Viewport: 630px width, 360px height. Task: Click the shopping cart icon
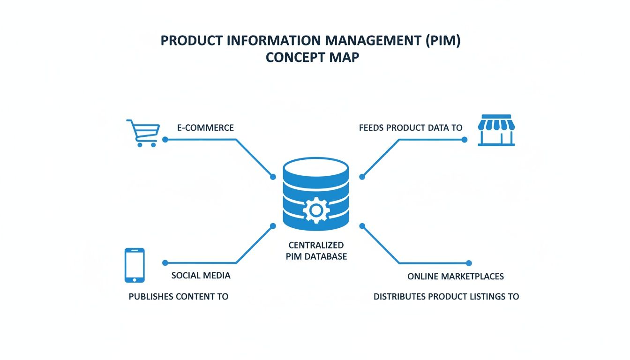tap(142, 133)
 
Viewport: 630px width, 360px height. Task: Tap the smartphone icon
tap(135, 265)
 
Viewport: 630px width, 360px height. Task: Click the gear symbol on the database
tap(316, 210)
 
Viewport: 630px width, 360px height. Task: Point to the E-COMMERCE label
tap(205, 127)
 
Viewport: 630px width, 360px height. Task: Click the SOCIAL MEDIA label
tap(201, 275)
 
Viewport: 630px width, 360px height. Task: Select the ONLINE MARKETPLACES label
tap(455, 276)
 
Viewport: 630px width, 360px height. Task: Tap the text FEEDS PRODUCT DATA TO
tap(411, 127)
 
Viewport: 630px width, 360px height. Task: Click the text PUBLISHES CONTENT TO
tap(179, 296)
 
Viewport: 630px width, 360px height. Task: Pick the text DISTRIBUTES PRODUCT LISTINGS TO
tap(446, 296)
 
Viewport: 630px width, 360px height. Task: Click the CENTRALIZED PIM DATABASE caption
tap(316, 251)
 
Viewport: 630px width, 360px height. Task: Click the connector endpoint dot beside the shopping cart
tap(165, 140)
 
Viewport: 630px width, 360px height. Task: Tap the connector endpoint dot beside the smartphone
tap(165, 263)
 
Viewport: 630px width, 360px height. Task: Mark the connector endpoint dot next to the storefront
tap(464, 140)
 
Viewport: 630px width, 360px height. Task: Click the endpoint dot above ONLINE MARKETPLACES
tap(469, 263)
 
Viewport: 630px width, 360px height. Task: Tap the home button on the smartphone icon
tap(135, 279)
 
